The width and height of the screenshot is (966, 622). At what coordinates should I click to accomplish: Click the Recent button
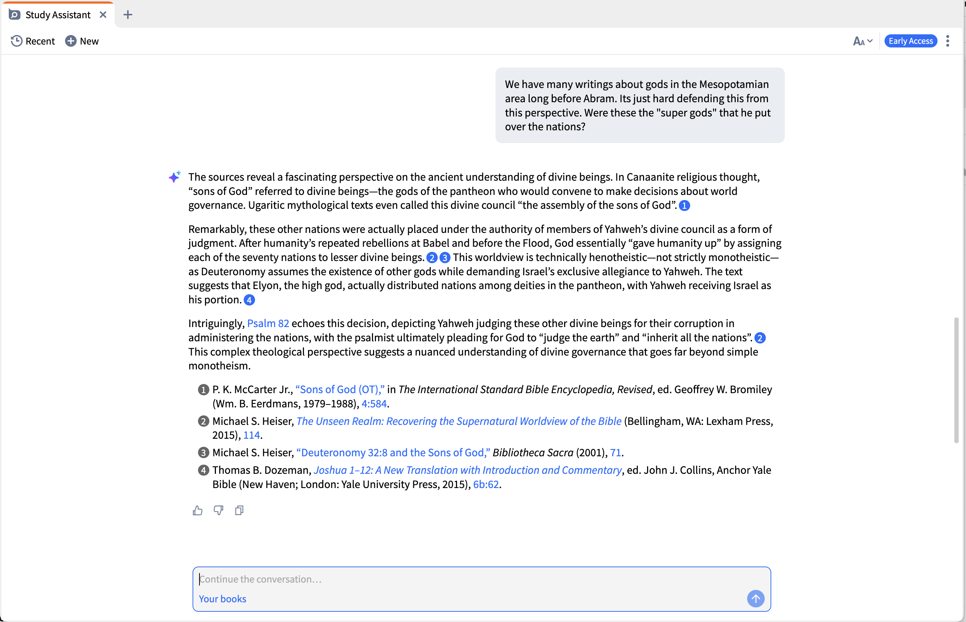click(33, 41)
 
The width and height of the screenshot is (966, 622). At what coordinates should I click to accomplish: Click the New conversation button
click(82, 41)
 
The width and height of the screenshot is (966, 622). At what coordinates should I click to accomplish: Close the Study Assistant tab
click(103, 15)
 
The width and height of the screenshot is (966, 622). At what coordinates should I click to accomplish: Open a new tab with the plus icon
click(128, 15)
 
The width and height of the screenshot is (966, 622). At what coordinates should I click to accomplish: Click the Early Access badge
click(910, 41)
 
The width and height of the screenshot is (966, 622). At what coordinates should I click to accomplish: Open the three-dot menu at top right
click(947, 41)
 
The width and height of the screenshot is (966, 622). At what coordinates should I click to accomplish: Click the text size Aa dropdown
click(863, 41)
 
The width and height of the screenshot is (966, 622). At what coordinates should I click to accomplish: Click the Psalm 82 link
click(268, 323)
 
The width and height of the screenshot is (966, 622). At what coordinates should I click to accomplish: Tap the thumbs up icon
click(198, 511)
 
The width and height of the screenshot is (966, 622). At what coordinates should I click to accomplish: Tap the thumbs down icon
click(218, 511)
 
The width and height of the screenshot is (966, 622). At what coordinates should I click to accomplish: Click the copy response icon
click(239, 511)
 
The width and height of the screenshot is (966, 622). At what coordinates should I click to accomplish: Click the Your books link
click(222, 599)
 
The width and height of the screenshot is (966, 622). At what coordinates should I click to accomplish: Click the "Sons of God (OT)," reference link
click(340, 390)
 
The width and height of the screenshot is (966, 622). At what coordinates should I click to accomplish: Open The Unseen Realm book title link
click(459, 421)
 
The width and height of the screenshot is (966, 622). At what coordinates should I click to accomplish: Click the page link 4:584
click(374, 404)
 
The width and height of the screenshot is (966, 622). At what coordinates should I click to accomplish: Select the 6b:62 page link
click(486, 484)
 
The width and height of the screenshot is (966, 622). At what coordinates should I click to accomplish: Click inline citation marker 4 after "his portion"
click(250, 300)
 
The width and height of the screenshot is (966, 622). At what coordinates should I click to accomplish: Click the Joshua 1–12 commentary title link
click(468, 471)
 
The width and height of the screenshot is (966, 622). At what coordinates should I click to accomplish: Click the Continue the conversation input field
click(465, 579)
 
